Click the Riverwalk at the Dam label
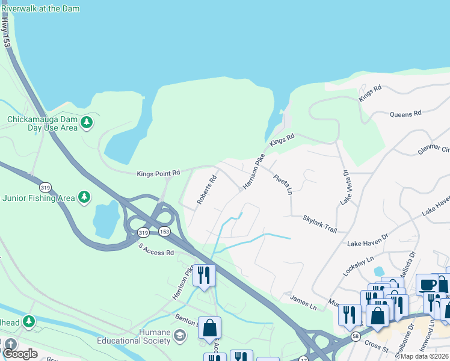[x=40, y=9]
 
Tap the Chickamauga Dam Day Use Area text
[x=42, y=123]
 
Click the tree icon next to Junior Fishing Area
[x=85, y=197]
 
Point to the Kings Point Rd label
[x=158, y=173]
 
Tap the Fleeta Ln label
[x=282, y=185]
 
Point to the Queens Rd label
[x=405, y=114]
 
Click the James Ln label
[x=303, y=299]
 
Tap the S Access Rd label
[x=156, y=249]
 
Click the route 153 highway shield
[x=164, y=232]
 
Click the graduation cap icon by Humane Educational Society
[x=179, y=335]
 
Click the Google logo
[x=20, y=353]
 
